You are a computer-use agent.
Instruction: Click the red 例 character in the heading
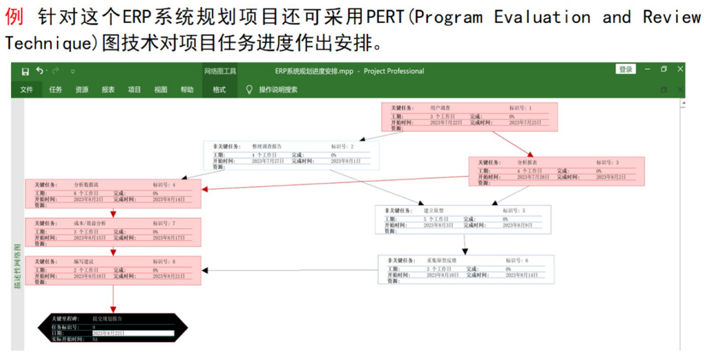15,17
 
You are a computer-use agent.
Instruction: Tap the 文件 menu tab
26,89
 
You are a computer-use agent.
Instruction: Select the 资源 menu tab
82,89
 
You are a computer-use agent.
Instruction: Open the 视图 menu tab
161,89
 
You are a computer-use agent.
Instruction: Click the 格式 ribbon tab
219,89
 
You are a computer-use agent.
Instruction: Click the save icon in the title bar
25,71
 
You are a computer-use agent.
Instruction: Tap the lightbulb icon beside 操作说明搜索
249,89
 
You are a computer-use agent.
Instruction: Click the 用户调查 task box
469,117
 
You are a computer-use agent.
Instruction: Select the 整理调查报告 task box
291,155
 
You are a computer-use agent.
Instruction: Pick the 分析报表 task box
556,171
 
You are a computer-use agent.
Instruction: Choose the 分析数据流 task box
113,193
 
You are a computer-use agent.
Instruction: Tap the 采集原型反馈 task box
466,269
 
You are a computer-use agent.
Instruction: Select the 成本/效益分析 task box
113,232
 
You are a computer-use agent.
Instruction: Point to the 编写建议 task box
113,270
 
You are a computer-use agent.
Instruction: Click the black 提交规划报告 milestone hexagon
113,328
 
